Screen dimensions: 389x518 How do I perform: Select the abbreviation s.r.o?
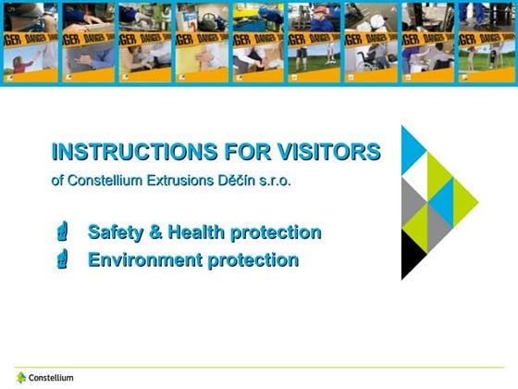click(x=277, y=180)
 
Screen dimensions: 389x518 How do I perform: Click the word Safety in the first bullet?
click(x=115, y=232)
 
